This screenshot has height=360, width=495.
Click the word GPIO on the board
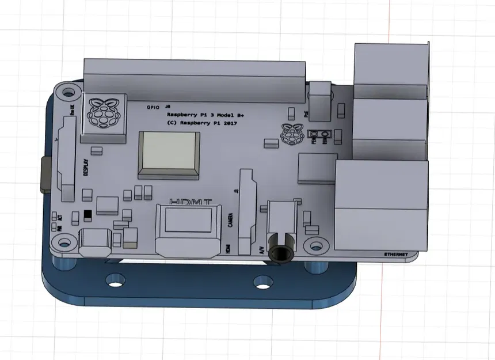pos(153,107)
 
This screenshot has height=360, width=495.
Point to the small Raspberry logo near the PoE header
pos(292,134)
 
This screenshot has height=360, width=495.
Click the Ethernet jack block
pos(381,204)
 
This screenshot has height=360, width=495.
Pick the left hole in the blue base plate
pos(116,282)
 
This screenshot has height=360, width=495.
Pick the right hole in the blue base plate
pos(263,282)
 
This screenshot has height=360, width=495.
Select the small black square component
pos(87,214)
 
